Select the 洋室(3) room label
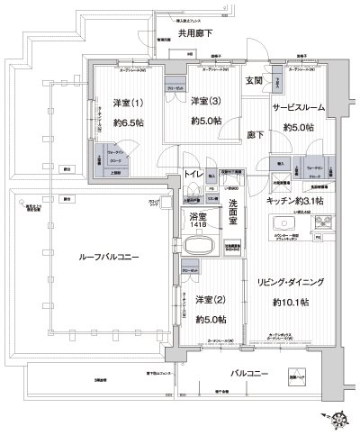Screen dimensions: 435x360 (206, 104)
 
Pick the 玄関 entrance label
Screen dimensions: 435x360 (252, 80)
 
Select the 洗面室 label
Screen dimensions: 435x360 (232, 210)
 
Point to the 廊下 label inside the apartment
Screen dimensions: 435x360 (256, 135)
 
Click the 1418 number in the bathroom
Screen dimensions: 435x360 (197, 226)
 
